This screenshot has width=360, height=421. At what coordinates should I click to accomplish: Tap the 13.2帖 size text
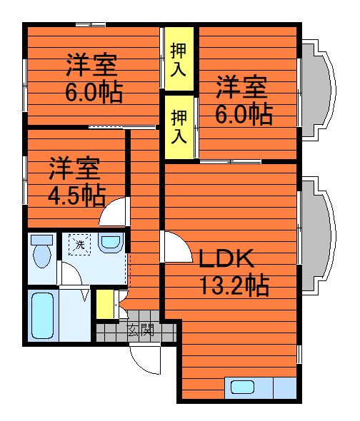pyautogui.click(x=234, y=285)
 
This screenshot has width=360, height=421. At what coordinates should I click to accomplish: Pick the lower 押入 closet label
pyautogui.click(x=179, y=126)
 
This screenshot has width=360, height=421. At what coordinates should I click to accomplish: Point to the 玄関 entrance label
pyautogui.click(x=141, y=330)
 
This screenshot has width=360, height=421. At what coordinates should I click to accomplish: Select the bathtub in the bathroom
pyautogui.click(x=43, y=315)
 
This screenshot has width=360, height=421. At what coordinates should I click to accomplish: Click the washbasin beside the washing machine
pyautogui.click(x=110, y=243)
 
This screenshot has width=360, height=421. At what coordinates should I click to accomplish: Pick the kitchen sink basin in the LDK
pyautogui.click(x=242, y=387)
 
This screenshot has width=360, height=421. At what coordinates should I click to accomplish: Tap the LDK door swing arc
pyautogui.click(x=174, y=246)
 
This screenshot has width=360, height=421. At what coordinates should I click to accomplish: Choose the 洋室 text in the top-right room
pyautogui.click(x=242, y=88)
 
